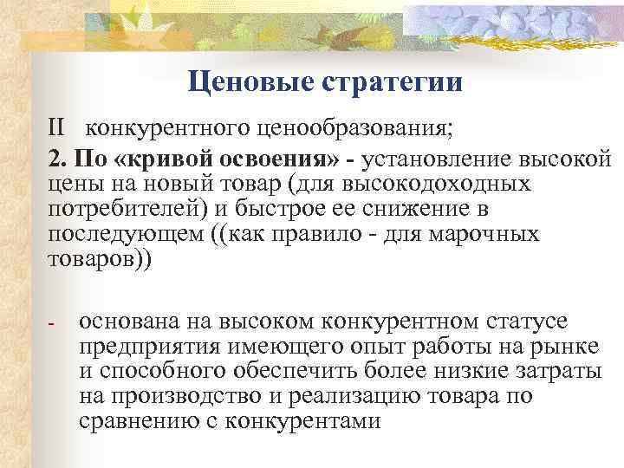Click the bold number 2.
[57, 159]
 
